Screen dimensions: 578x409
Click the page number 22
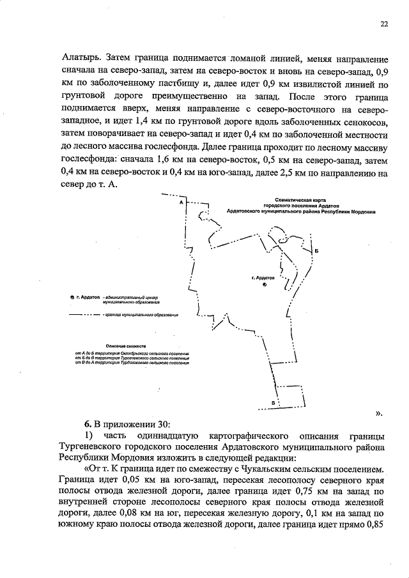coord(384,24)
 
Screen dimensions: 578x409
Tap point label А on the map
coord(181,202)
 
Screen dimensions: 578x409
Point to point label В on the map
coord(274,402)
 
